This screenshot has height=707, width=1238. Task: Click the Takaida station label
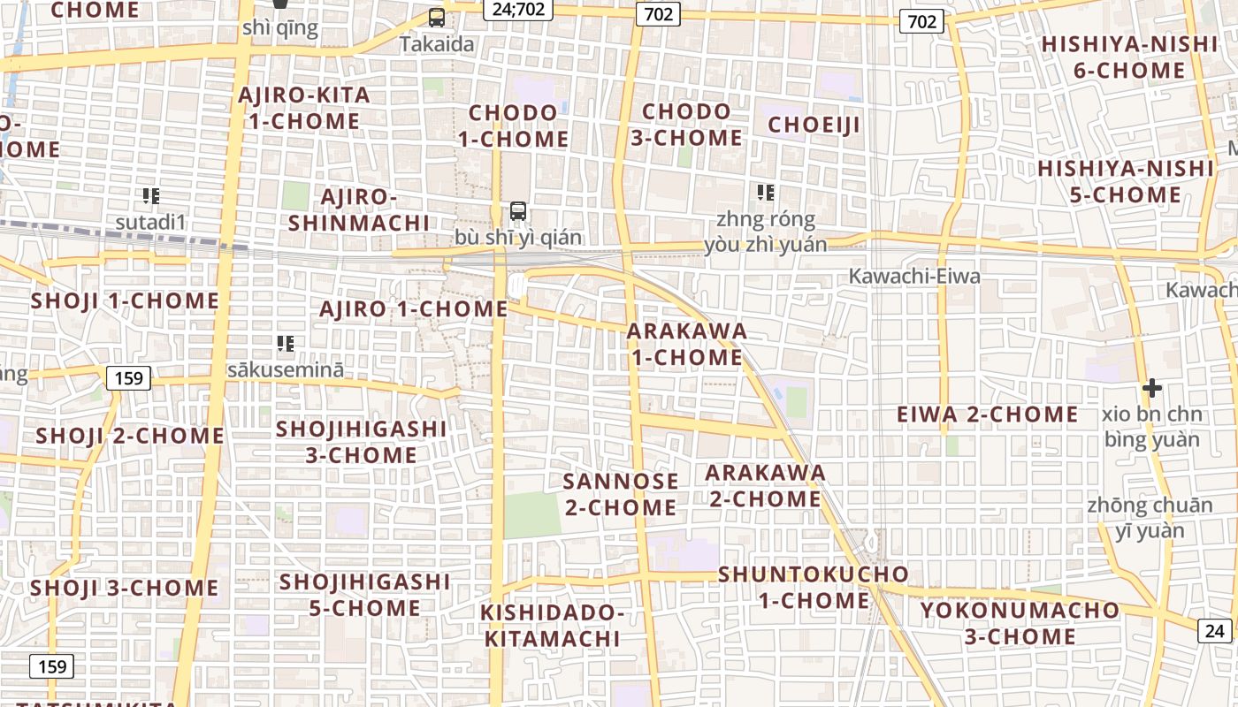pos(436,44)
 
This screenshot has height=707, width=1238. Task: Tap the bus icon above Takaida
pos(436,17)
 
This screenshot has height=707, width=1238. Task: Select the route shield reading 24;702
pos(518,9)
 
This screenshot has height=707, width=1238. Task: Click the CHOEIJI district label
pos(814,125)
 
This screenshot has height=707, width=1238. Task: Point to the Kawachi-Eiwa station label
pos(914,277)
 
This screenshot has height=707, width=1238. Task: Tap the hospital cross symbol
pos(1151,388)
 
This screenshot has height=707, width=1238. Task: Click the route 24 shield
pos(1215,630)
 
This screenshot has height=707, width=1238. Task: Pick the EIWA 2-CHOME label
pos(987,414)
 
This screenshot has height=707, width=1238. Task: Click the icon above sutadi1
pos(150,195)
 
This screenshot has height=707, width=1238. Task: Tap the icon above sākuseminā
pos(285,343)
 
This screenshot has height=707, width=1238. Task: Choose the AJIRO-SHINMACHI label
pos(358,209)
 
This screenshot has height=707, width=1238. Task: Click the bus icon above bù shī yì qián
pos(518,211)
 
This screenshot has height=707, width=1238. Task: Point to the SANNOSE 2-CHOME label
pos(621,494)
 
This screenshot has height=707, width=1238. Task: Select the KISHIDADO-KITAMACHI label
pos(552,625)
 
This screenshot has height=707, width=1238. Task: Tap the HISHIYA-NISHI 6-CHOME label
pos(1128,57)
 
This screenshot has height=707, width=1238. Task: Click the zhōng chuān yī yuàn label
pos(1150,518)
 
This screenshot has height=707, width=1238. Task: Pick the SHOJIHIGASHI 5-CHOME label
pos(364,595)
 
